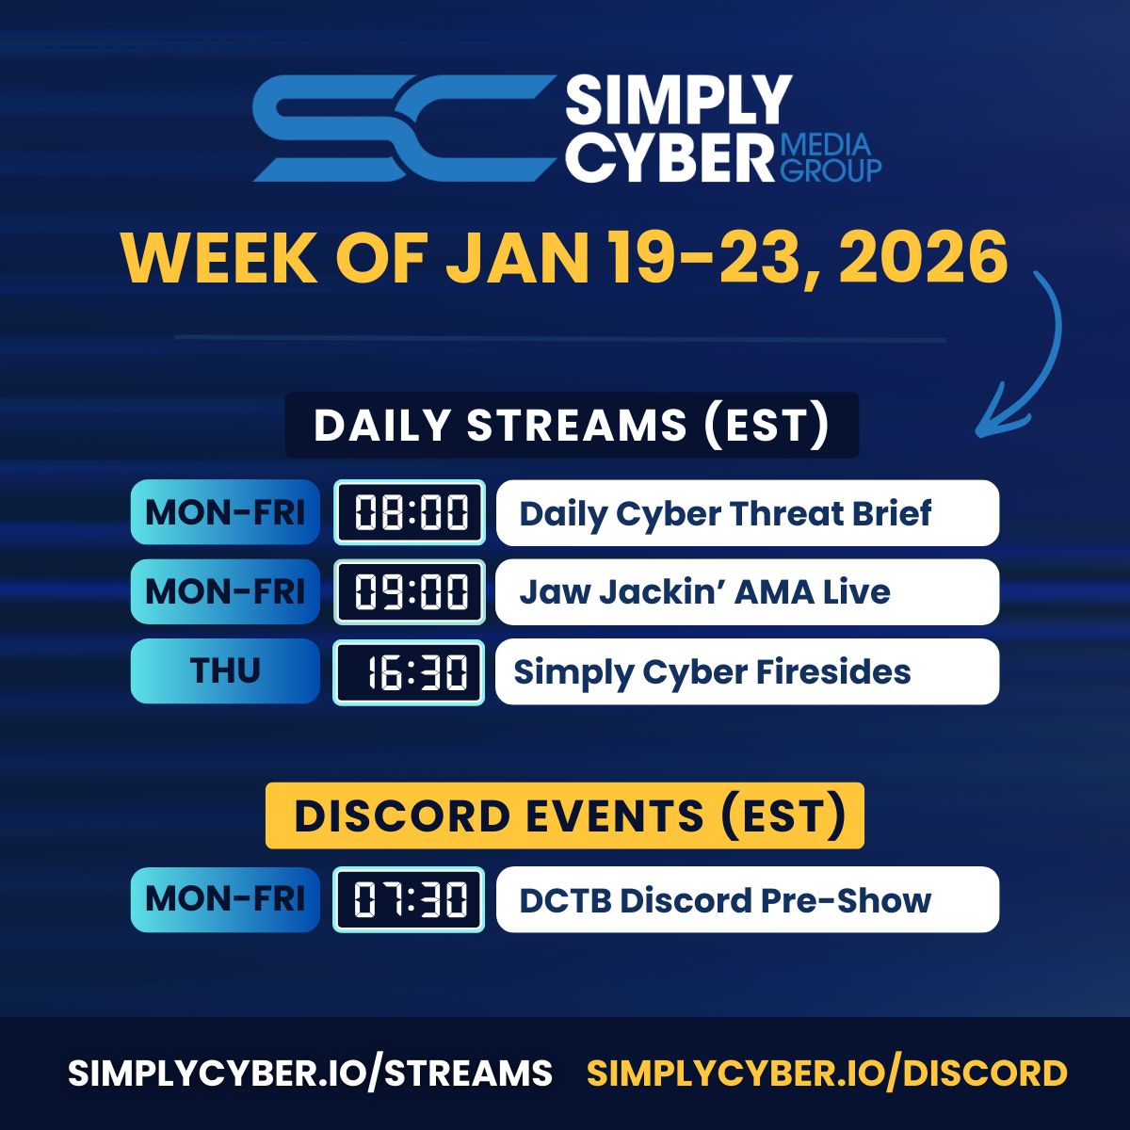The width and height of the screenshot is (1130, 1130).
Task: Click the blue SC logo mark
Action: pos(405,128)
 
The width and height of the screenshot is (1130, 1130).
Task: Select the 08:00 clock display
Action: pos(410,512)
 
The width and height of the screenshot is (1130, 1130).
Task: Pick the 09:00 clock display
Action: pos(410,591)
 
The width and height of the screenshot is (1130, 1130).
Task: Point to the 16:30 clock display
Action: pos(410,672)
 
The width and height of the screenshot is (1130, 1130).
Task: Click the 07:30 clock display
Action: pos(410,899)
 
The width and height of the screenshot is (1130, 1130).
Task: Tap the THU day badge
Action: pos(225,670)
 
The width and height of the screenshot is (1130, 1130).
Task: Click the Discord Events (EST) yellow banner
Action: pos(565,815)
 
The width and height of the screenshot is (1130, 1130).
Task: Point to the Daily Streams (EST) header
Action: pos(572,425)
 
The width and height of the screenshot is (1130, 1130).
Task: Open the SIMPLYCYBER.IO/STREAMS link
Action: pos(310,1073)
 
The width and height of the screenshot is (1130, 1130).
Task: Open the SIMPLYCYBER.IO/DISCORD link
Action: pos(827,1073)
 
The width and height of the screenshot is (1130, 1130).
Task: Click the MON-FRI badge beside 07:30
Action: pos(225,899)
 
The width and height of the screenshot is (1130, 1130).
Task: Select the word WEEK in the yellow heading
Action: pos(219,258)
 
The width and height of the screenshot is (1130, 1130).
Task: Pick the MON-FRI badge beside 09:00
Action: pos(225,591)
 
